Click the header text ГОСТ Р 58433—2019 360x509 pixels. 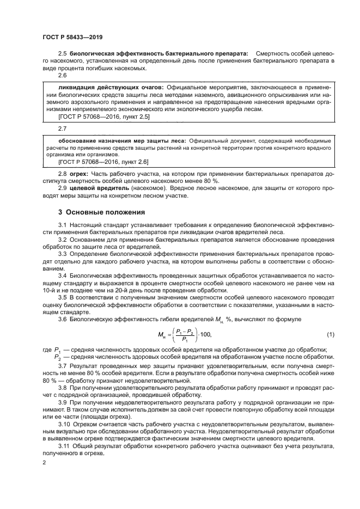click(72, 38)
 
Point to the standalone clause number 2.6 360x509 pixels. click(62, 76)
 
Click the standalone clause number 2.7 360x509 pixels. click(62, 128)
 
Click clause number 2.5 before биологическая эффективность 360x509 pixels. click(62, 53)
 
